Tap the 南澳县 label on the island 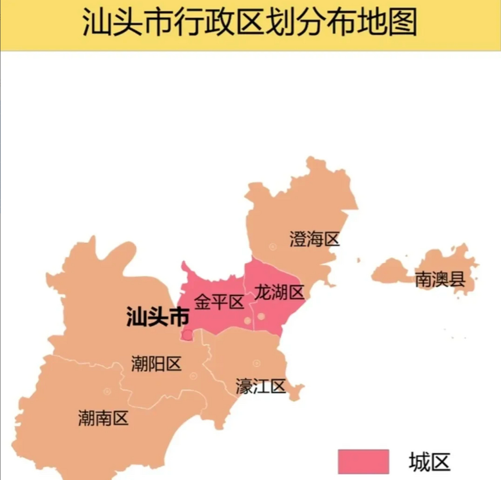[440, 279]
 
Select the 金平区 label [219, 302]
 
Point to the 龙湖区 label [279, 292]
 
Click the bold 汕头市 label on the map [157, 317]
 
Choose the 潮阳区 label [156, 364]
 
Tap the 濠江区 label [260, 386]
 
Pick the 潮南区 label [103, 418]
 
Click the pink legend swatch [363, 461]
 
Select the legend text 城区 [429, 462]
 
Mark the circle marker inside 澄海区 [273, 247]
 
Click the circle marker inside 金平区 [247, 321]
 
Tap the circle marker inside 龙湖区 [261, 316]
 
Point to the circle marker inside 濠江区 [257, 363]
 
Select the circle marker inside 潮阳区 [193, 376]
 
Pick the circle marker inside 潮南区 [107, 391]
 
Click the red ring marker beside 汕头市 [187, 333]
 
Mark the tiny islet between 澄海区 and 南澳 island [359, 260]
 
